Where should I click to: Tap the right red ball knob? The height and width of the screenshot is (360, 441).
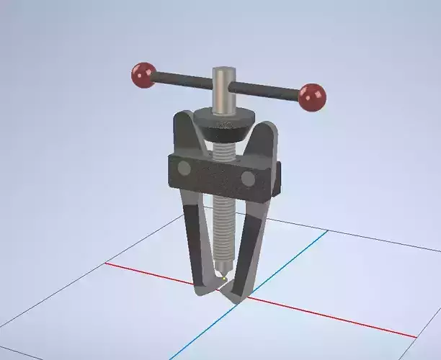pos(312,96)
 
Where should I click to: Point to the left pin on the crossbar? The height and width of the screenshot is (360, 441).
pos(184,168)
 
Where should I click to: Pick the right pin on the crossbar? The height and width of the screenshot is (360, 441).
pos(249,179)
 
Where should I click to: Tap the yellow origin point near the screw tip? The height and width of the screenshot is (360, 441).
pos(225,277)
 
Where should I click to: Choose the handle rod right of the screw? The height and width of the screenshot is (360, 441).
pos(267,89)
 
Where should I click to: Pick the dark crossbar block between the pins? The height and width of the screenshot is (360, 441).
pos(215,174)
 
